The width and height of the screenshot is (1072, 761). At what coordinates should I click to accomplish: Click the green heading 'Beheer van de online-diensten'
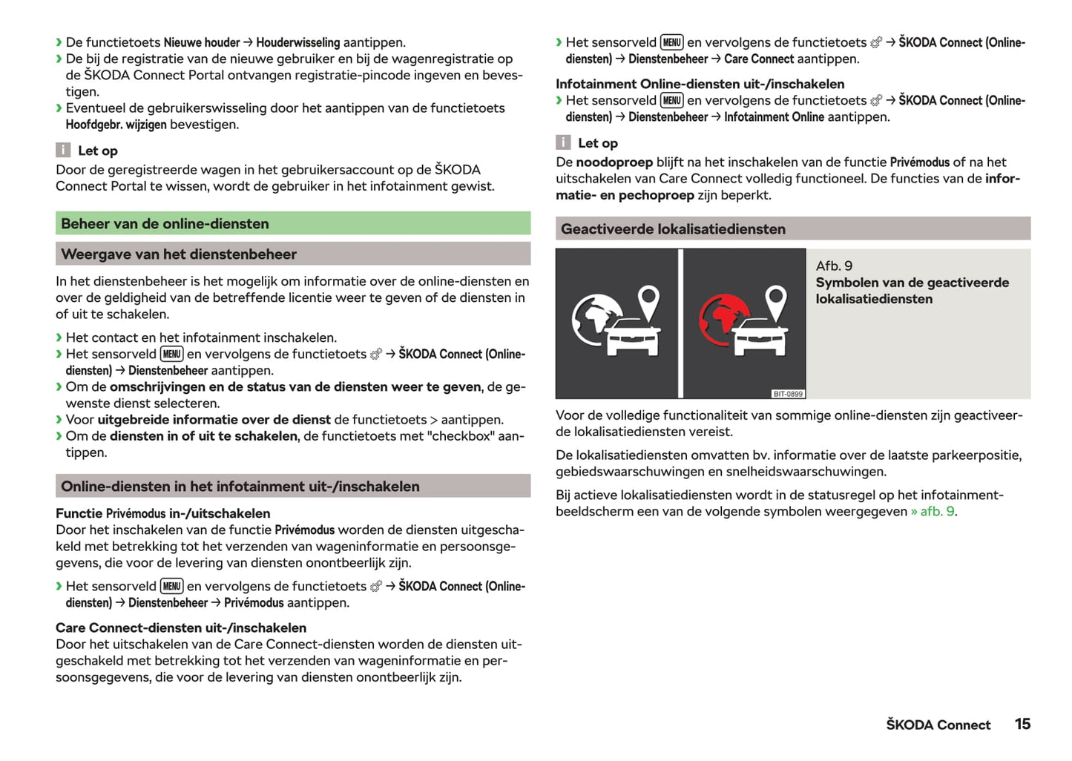(x=165, y=224)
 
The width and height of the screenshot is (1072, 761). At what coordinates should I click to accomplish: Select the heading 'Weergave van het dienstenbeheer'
(x=179, y=254)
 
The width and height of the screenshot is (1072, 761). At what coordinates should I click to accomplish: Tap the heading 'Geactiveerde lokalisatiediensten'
(x=673, y=229)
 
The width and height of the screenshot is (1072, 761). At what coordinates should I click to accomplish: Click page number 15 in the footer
(x=1022, y=724)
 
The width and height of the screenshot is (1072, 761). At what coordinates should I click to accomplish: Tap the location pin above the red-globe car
(x=776, y=302)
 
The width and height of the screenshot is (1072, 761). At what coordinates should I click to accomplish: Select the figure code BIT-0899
(x=788, y=394)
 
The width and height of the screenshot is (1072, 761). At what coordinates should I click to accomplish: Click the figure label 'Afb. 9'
(x=834, y=266)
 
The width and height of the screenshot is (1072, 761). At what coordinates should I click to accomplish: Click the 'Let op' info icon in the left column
(x=64, y=151)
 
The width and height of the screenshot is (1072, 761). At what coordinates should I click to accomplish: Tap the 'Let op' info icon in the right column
(x=564, y=143)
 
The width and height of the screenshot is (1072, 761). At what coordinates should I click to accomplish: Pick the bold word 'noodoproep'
(x=614, y=162)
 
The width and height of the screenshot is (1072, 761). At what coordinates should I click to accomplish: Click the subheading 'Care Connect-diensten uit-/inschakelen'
(x=181, y=627)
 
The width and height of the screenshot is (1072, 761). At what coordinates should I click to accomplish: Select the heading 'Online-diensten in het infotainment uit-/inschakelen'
(x=240, y=487)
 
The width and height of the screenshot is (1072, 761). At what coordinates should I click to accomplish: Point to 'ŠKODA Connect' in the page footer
(x=938, y=725)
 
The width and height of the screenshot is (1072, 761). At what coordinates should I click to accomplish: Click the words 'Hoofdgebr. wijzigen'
(x=116, y=125)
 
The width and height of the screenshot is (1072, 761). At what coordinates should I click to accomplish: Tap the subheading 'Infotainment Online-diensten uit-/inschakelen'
(x=700, y=84)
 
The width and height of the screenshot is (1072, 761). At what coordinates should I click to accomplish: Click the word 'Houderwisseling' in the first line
(x=297, y=43)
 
